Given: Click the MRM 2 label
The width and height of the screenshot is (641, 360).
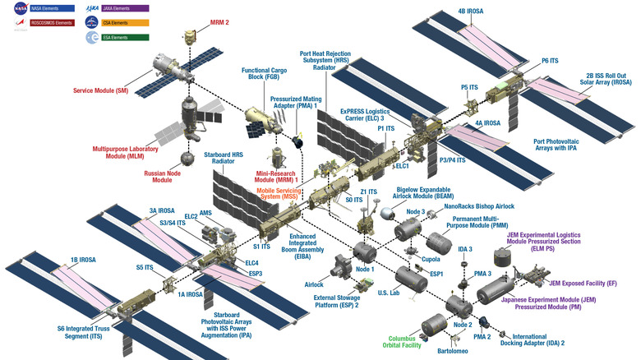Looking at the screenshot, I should click(196, 22).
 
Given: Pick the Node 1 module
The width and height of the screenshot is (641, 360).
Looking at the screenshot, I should click(364, 251).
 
